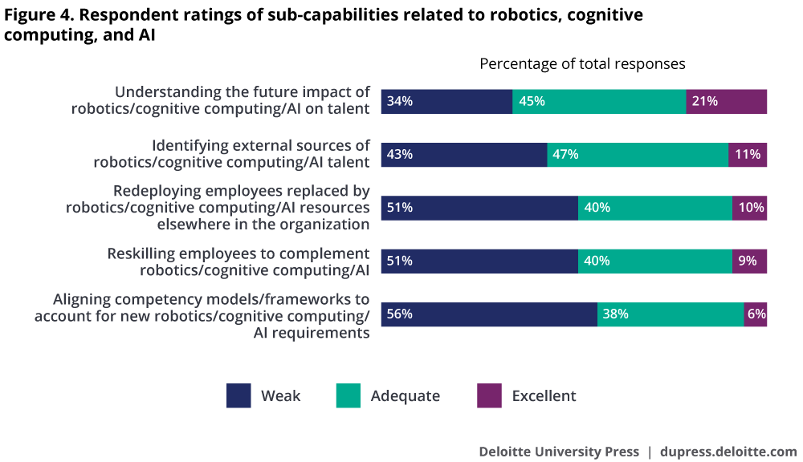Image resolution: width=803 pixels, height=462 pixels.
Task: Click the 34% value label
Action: pos(399,101)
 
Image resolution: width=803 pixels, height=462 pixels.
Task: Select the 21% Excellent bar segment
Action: pos(727,101)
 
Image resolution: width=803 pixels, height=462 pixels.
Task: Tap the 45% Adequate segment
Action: pos(599,101)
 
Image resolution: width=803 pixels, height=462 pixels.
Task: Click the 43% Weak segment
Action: pos(463,155)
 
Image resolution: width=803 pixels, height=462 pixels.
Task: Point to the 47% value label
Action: pos(565,155)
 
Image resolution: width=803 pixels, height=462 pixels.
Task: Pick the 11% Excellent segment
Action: pos(748,155)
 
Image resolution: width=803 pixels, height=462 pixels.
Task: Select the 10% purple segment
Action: pos(750,208)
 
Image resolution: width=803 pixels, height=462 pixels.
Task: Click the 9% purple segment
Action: pos(750,261)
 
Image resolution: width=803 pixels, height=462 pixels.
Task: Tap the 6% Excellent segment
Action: pos(756,314)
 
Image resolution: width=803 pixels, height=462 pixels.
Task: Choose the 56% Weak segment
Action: pos(488,314)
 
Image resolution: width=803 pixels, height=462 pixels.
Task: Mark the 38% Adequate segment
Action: pos(671,314)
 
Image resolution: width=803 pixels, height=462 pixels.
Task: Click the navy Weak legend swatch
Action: pos(238,395)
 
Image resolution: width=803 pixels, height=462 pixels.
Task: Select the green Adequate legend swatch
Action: pos(349,395)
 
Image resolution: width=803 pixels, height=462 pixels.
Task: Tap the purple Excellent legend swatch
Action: pos(489,395)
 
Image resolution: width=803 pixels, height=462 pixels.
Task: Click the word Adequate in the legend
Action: pos(405,395)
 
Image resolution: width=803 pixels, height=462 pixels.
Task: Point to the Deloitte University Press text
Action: pos(559,451)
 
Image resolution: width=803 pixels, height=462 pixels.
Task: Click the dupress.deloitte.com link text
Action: pos(728,451)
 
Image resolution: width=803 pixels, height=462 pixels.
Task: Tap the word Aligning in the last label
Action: pos(81,299)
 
